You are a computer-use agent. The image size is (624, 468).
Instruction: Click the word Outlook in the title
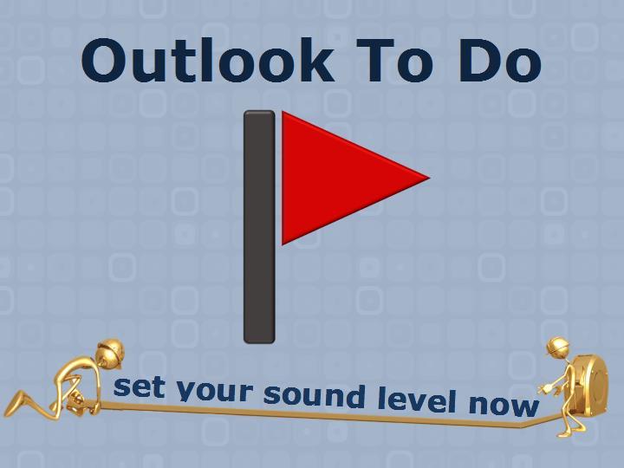pyautogui.click(x=208, y=60)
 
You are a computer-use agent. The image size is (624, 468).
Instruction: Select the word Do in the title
pyautogui.click(x=500, y=61)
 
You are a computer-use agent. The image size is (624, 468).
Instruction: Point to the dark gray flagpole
pyautogui.click(x=259, y=226)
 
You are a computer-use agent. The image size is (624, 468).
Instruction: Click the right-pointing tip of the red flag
pyautogui.click(x=430, y=178)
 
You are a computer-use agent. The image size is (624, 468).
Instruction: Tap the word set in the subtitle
pyautogui.click(x=140, y=387)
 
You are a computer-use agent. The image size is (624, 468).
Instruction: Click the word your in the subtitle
pyautogui.click(x=215, y=391)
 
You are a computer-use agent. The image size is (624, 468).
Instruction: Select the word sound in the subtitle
pyautogui.click(x=314, y=395)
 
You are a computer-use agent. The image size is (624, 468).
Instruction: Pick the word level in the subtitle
pyautogui.click(x=417, y=400)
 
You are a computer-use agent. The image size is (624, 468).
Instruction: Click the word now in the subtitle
pyautogui.click(x=504, y=405)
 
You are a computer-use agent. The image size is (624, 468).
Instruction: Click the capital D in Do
pyautogui.click(x=478, y=61)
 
